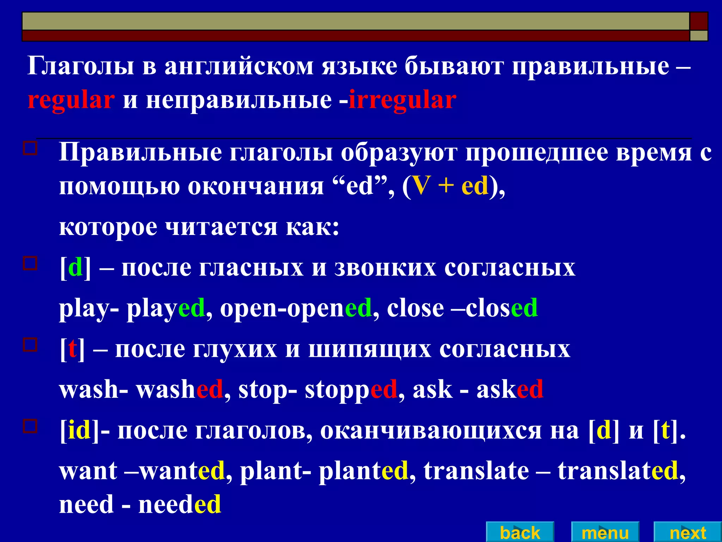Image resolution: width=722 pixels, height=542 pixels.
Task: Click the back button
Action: [520, 532]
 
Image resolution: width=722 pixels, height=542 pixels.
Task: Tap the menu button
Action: [605, 532]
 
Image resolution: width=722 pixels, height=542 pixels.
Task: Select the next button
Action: [687, 532]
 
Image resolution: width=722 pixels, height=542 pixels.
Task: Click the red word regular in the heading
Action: [71, 100]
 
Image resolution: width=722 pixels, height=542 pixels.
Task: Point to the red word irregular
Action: [402, 100]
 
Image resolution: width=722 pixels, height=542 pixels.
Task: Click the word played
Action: [166, 308]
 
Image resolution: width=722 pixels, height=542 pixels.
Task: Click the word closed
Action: [501, 308]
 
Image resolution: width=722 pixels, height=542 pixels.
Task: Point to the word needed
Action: [180, 504]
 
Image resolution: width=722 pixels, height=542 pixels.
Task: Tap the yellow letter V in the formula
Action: [421, 186]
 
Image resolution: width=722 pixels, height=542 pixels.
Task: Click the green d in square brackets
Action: [75, 267]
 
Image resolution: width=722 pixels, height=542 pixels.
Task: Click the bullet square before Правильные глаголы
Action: [30, 148]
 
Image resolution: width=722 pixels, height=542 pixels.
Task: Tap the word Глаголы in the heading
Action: [81, 66]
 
